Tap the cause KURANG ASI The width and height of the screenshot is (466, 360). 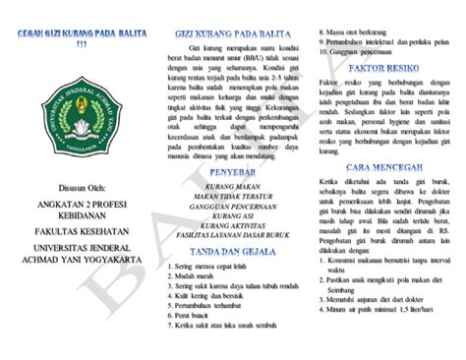tap(233, 217)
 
